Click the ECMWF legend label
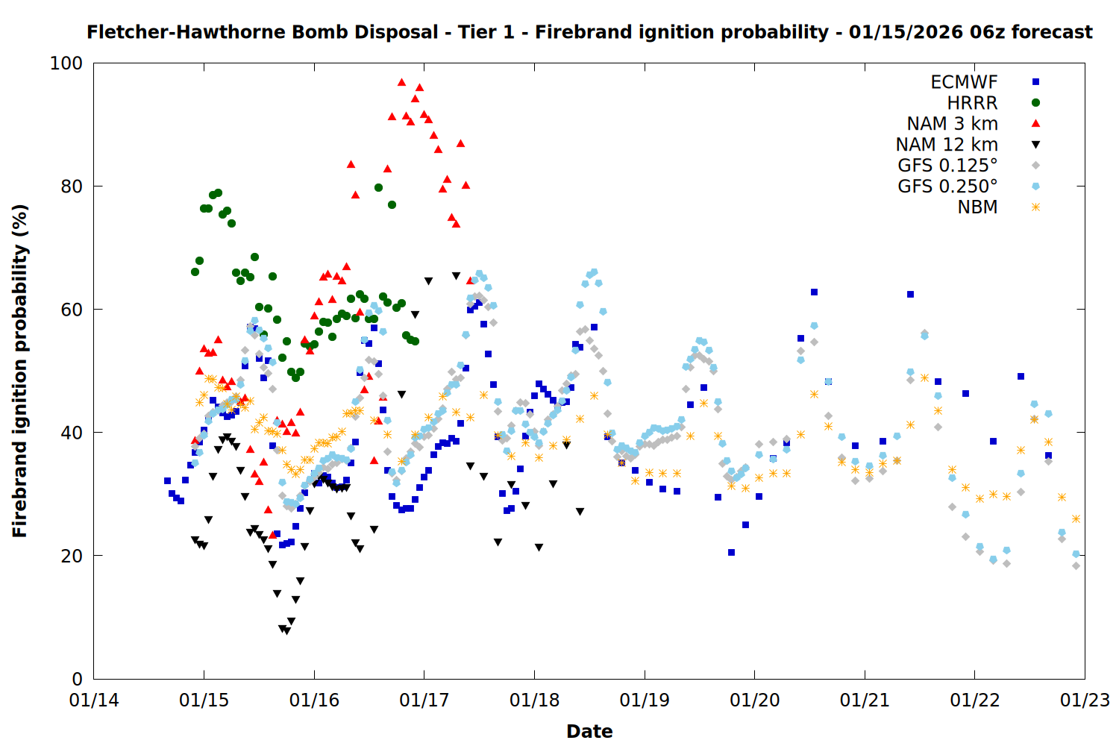964,82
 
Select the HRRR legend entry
972,103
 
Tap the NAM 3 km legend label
952,124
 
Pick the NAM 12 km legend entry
947,145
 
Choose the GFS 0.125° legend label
947,166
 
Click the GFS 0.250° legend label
947,186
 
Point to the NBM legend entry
977,207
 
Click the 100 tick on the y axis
66,63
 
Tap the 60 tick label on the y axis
72,310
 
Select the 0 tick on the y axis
77,679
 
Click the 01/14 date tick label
94,701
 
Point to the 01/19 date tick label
645,701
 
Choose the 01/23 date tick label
1085,701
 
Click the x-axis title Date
589,732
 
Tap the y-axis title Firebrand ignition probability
20,371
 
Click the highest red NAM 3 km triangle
401,82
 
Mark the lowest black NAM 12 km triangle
286,631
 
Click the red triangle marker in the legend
1035,124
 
